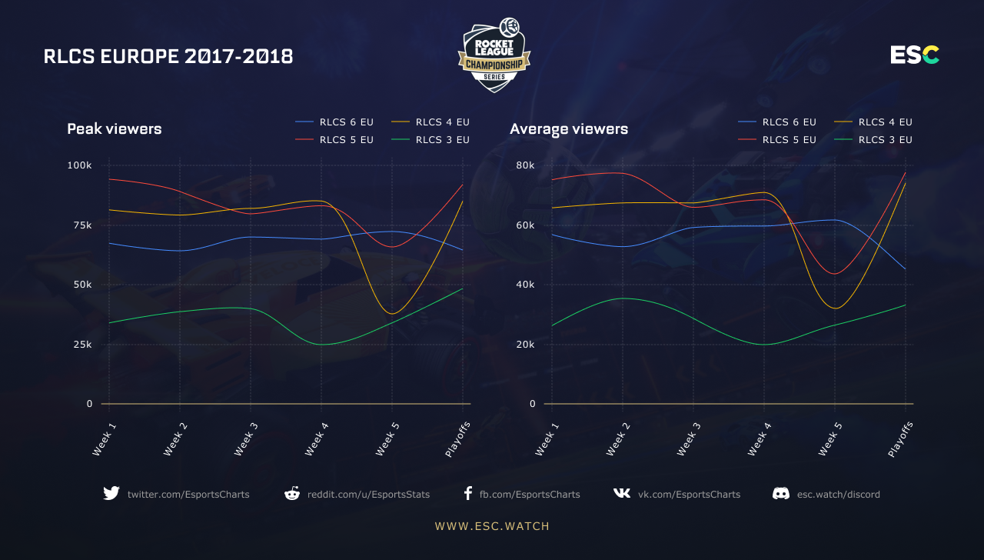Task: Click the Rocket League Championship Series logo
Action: (x=494, y=55)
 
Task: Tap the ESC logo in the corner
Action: (x=915, y=55)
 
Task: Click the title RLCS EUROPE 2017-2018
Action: (x=168, y=56)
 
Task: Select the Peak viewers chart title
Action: (x=115, y=129)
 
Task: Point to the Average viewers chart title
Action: (x=569, y=129)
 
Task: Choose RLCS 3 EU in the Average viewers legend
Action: (x=885, y=140)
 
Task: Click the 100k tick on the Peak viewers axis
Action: (x=80, y=165)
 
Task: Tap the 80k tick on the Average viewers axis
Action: (x=525, y=165)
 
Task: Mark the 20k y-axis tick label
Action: (x=525, y=344)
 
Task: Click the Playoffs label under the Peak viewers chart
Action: (x=458, y=438)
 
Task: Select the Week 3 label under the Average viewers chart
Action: (x=687, y=438)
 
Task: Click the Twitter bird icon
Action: (x=111, y=494)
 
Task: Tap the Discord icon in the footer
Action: (x=781, y=494)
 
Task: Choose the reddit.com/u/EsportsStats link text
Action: (x=368, y=495)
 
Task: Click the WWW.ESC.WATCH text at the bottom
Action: (x=492, y=526)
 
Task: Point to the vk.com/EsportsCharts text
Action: (x=689, y=495)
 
